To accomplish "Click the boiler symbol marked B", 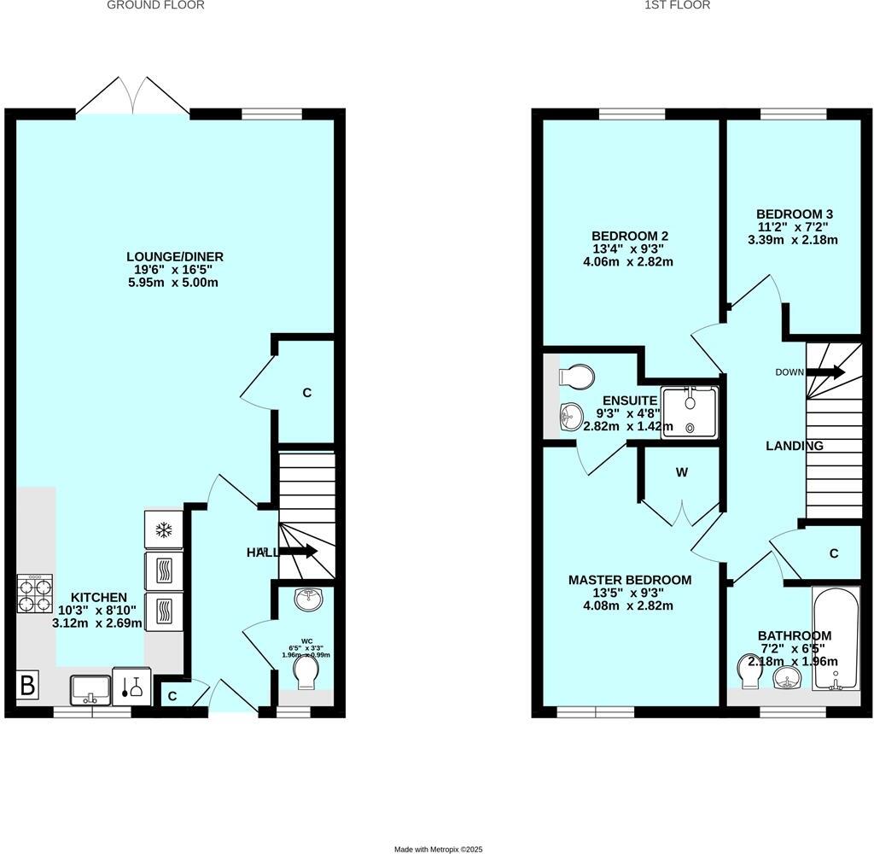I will tap(27, 685).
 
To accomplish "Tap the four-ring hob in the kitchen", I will tap(35, 594).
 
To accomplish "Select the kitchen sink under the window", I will tap(90, 687).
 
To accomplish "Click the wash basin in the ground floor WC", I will tap(307, 600).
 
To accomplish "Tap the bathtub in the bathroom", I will tap(836, 638).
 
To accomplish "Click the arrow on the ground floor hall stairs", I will tap(298, 552).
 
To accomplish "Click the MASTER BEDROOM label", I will tap(630, 580).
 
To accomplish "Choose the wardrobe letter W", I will tap(682, 472).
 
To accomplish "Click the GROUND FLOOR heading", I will tap(155, 5).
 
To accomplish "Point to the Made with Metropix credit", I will tap(438, 849).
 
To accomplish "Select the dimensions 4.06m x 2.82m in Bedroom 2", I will tap(630, 262).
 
